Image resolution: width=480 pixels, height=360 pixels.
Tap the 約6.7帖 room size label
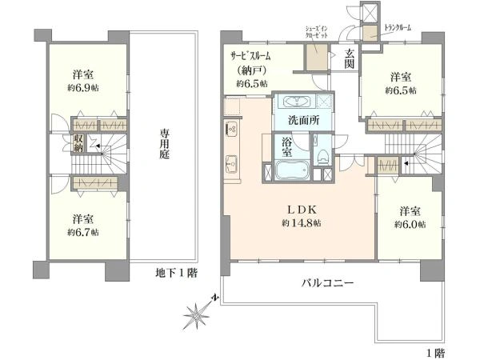[x=84, y=231]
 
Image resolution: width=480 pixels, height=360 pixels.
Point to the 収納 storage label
[x=79, y=143]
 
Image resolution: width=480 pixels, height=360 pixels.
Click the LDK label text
[x=304, y=210]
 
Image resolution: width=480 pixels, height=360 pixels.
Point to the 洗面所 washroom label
[x=304, y=120]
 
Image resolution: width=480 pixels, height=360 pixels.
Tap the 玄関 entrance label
[x=350, y=59]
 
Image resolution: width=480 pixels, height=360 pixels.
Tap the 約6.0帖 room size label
[x=410, y=225]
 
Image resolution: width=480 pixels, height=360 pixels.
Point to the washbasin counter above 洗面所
[x=295, y=102]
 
